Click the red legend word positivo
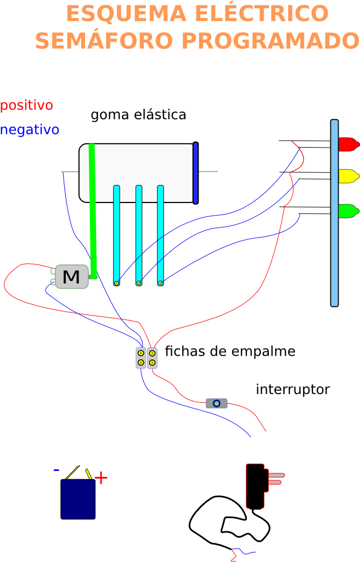tap(26, 105)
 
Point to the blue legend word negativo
tap(30, 130)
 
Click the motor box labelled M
tap(71, 277)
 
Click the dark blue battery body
tap(78, 499)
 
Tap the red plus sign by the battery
tap(101, 478)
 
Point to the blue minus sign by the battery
tap(56, 470)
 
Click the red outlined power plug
tap(256, 486)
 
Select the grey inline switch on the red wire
tap(217, 403)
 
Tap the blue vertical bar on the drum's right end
tap(195, 173)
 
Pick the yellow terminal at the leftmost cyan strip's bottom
tap(116, 283)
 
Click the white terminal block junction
tap(147, 358)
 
